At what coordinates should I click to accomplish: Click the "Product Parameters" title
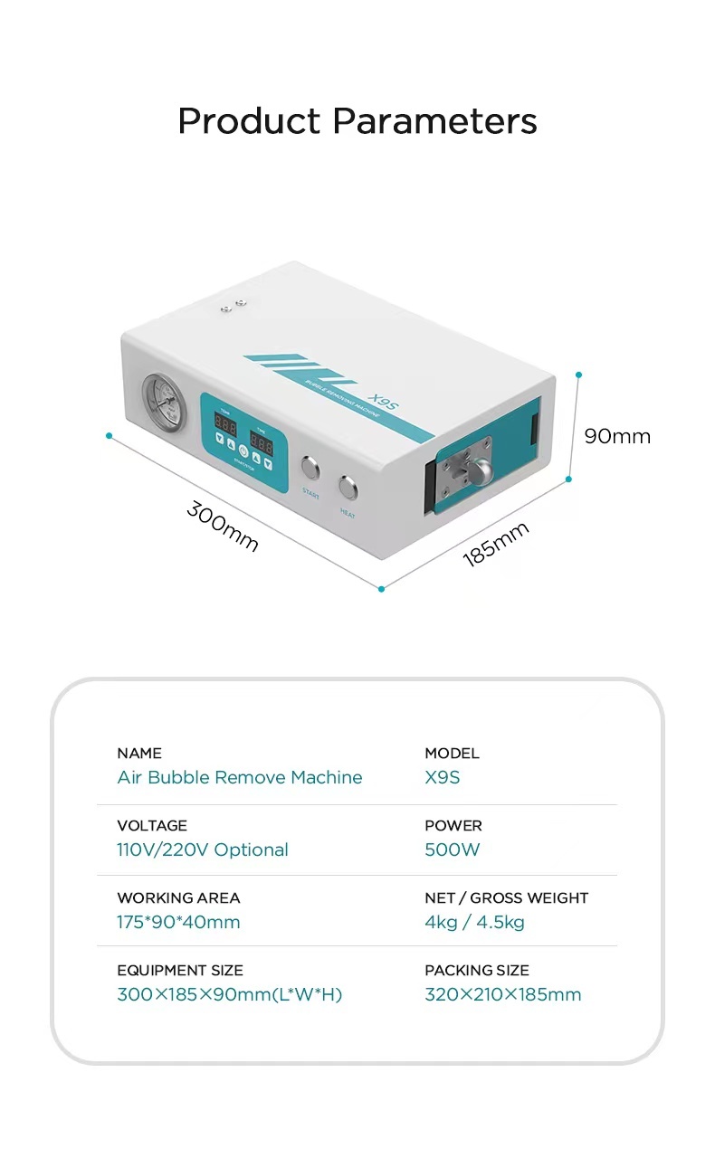(x=357, y=120)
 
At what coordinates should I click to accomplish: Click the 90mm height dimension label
(x=617, y=436)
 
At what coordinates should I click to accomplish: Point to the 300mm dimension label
(x=223, y=526)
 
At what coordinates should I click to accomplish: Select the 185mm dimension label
(x=495, y=544)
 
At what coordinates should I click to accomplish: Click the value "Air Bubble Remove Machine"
(x=240, y=777)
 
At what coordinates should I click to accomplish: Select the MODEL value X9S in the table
(x=443, y=777)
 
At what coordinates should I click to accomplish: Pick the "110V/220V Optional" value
(x=203, y=850)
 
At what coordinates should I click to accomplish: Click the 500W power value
(x=453, y=850)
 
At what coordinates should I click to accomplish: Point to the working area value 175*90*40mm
(x=178, y=922)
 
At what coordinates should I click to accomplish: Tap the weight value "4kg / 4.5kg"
(x=475, y=922)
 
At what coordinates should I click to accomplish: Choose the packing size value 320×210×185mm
(x=503, y=994)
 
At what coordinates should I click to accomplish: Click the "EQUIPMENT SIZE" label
(x=180, y=970)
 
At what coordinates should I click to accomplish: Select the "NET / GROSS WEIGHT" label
(x=507, y=897)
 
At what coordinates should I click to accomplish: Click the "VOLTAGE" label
(x=152, y=825)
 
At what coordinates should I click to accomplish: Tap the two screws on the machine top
(x=234, y=307)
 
